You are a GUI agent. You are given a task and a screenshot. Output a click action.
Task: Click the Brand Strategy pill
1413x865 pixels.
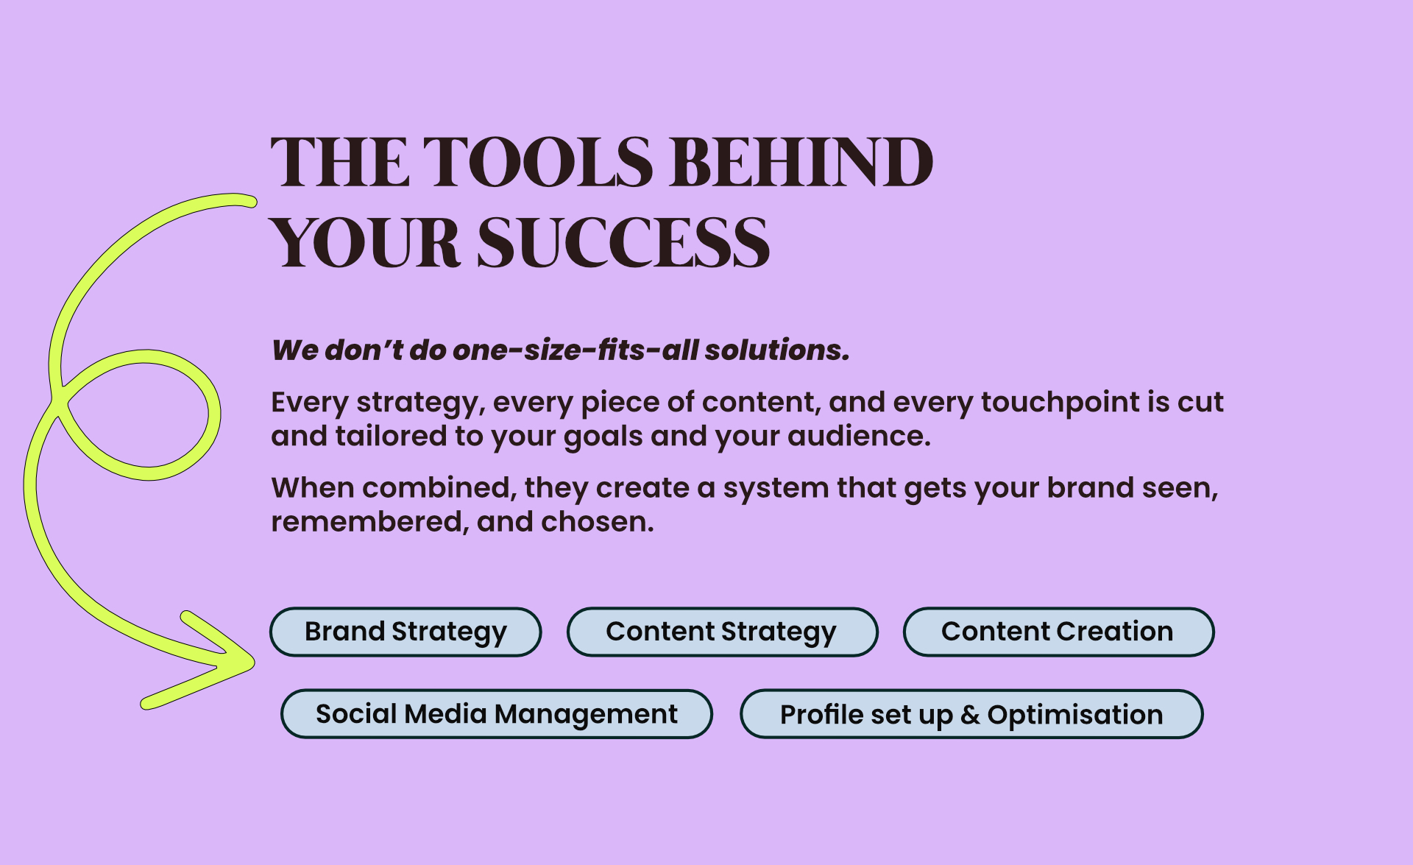[x=406, y=632]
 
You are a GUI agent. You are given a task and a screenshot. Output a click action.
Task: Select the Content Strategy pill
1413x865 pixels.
[x=722, y=632]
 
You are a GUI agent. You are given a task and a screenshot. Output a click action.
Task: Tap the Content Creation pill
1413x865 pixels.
[x=1058, y=632]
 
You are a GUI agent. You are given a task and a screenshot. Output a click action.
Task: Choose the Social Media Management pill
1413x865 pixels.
[x=497, y=714]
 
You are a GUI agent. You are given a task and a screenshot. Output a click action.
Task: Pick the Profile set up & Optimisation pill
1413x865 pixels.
[x=971, y=714]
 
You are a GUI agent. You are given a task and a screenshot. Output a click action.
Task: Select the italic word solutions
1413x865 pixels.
[x=777, y=350]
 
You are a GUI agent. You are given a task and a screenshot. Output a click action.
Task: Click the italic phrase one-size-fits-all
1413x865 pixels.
[x=576, y=350]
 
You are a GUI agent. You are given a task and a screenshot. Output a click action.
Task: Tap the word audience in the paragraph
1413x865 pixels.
[x=859, y=437]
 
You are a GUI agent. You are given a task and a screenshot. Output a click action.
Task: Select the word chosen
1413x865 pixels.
[x=598, y=522]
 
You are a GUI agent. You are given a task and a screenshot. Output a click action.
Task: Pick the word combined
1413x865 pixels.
[x=439, y=488]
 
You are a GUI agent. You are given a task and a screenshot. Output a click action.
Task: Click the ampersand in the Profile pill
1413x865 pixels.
[x=970, y=715]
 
